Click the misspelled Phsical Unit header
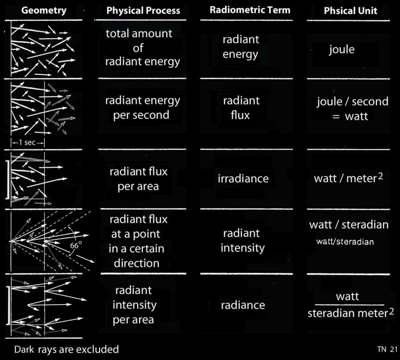350,11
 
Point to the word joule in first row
341,50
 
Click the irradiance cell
243,179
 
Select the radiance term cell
243,305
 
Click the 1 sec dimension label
28,142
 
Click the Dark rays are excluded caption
66,348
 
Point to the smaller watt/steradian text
345,242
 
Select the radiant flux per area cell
138,179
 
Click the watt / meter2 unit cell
348,179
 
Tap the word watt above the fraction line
347,297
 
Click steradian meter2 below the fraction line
348,313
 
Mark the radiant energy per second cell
142,107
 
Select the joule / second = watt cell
352,109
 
